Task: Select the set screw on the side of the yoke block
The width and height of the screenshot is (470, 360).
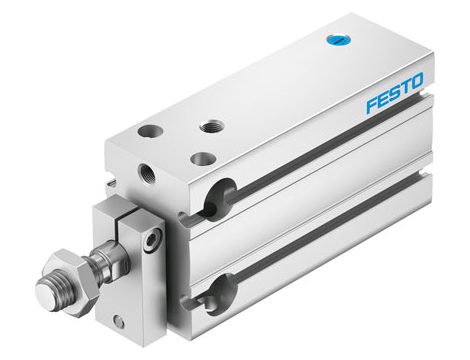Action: click(x=150, y=241)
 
